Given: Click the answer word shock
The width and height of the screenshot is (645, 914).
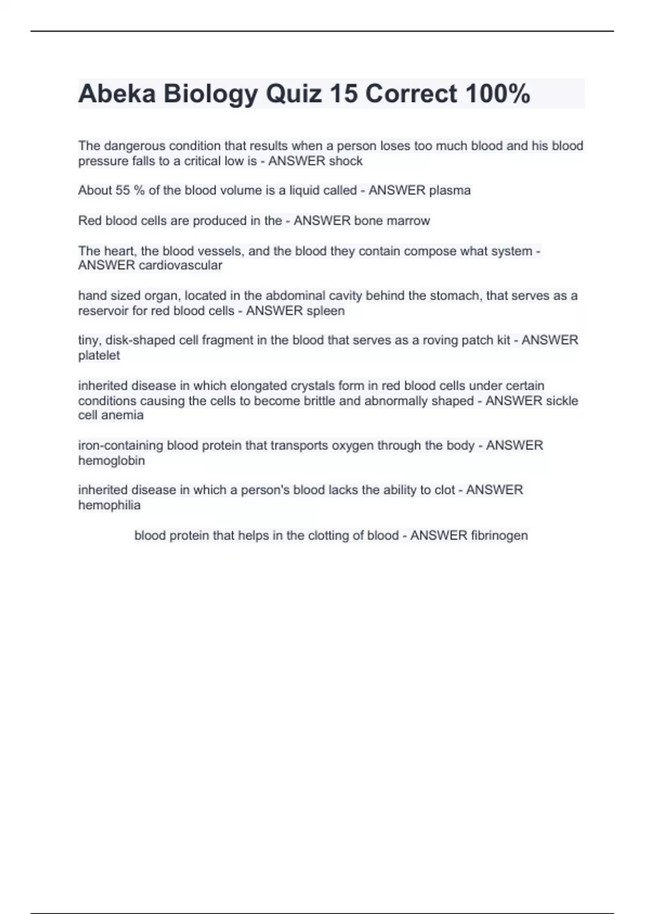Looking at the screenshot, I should (346, 161).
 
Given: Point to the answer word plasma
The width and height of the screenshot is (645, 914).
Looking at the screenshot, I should (450, 190).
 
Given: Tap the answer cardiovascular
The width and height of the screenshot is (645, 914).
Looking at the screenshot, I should (180, 266).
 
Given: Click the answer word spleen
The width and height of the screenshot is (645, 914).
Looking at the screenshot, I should (325, 311).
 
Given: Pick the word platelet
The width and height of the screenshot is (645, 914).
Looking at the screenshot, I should (99, 355).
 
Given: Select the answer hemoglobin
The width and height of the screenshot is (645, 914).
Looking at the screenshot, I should (111, 461).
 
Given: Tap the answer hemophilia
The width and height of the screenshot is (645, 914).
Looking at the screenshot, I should (109, 505).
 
